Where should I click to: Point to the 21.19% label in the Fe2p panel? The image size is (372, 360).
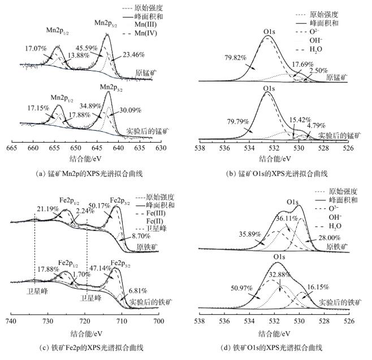47,208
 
